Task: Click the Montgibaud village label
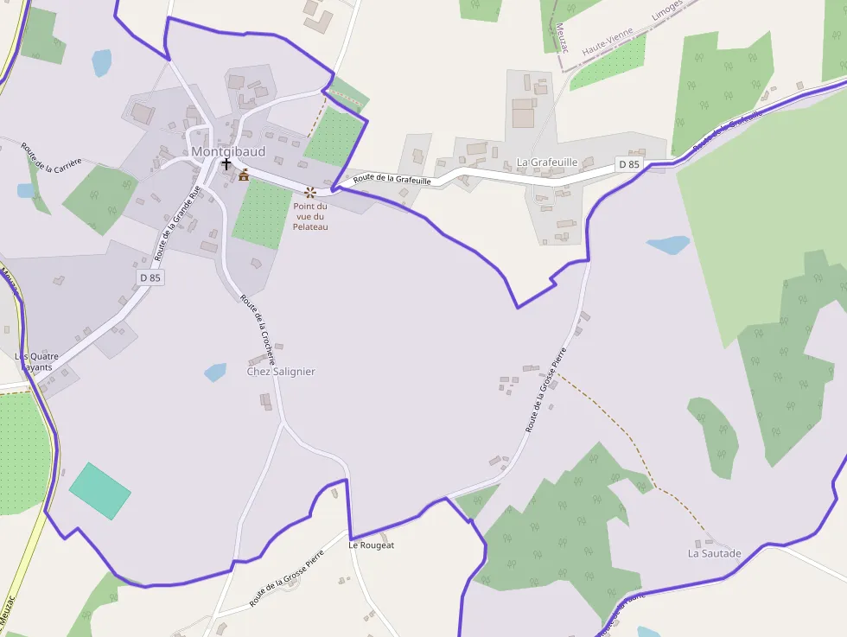[x=228, y=152]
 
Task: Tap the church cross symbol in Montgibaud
[x=226, y=163]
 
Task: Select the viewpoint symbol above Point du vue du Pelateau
[x=309, y=192]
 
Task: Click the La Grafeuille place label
[x=546, y=162]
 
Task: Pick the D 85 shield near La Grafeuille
[x=629, y=164]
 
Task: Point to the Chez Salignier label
[x=281, y=372]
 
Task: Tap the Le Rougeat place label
[x=371, y=545]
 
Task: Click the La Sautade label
[x=714, y=552]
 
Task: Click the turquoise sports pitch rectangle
[x=99, y=491]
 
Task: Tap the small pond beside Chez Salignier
[x=215, y=373]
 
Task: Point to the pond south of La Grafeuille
[x=669, y=245]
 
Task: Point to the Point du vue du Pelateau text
[x=309, y=216]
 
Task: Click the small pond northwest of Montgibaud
[x=102, y=62]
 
